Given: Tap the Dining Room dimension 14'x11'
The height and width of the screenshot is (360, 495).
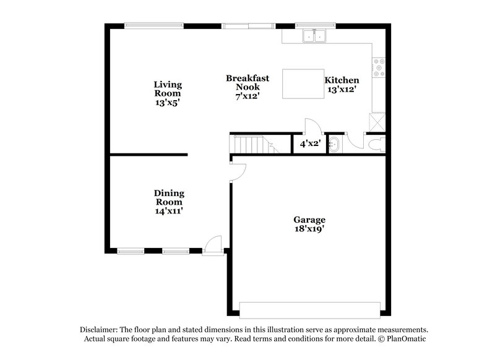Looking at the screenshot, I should tap(169, 211).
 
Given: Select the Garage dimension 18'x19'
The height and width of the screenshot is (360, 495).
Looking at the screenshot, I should tap(309, 229).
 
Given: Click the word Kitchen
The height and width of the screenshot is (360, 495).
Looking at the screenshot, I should tap(342, 80).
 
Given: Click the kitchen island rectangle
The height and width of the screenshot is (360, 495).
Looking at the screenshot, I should tap(303, 84).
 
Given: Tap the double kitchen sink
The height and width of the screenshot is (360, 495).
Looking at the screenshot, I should tap(314, 36).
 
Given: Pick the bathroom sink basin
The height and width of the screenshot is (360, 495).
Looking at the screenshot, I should tap(334, 145).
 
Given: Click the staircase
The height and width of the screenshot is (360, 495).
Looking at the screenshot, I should tap(254, 145).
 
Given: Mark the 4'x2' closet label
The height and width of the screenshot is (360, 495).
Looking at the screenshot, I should tap(309, 144).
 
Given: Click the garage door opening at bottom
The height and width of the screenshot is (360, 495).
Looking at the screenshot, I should tap(309, 309).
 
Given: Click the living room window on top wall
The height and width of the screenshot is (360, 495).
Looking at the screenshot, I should tap(153, 25).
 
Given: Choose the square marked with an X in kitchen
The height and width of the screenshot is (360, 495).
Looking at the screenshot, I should tap(377, 121).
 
